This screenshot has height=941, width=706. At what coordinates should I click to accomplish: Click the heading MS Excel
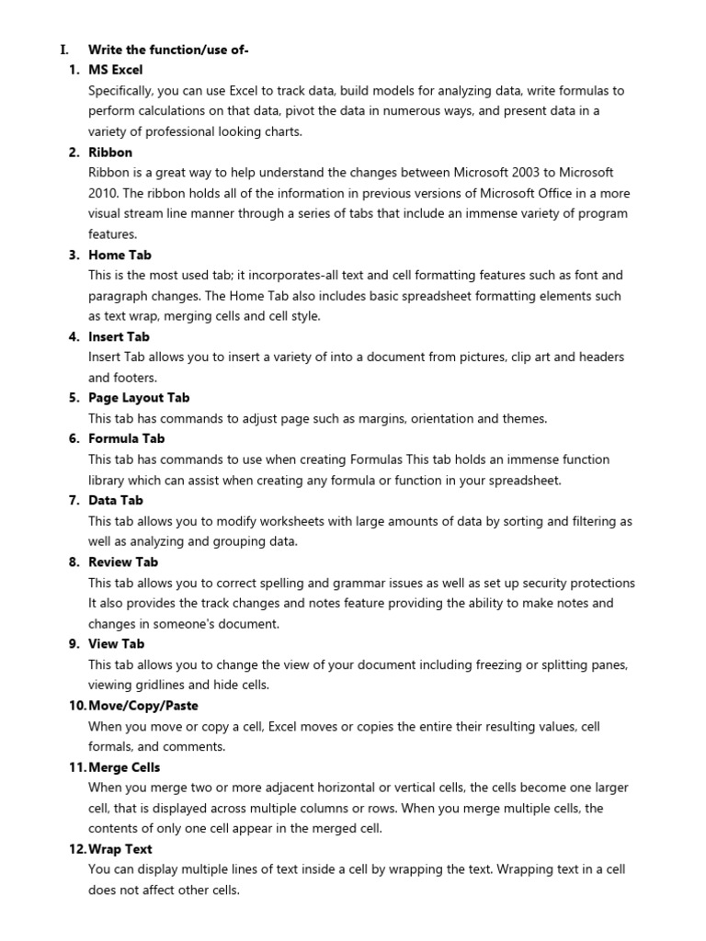(x=115, y=70)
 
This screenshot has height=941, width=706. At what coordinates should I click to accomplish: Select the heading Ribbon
(x=110, y=152)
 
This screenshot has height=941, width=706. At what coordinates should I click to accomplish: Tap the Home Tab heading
(x=120, y=255)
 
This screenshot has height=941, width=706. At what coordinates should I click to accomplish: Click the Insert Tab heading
(x=119, y=336)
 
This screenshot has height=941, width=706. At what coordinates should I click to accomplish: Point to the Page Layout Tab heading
(x=139, y=398)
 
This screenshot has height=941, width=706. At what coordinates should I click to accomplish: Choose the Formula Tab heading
(x=126, y=438)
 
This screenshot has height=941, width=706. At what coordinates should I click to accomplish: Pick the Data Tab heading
(x=116, y=500)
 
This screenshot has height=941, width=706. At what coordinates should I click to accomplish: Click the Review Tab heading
(x=123, y=561)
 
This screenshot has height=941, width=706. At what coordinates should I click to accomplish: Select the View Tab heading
(x=116, y=643)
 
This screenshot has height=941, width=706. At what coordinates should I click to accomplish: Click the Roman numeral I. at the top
(x=63, y=49)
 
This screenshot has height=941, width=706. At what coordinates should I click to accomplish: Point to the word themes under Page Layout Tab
(x=523, y=418)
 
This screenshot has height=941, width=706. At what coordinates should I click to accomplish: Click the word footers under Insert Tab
(x=135, y=378)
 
